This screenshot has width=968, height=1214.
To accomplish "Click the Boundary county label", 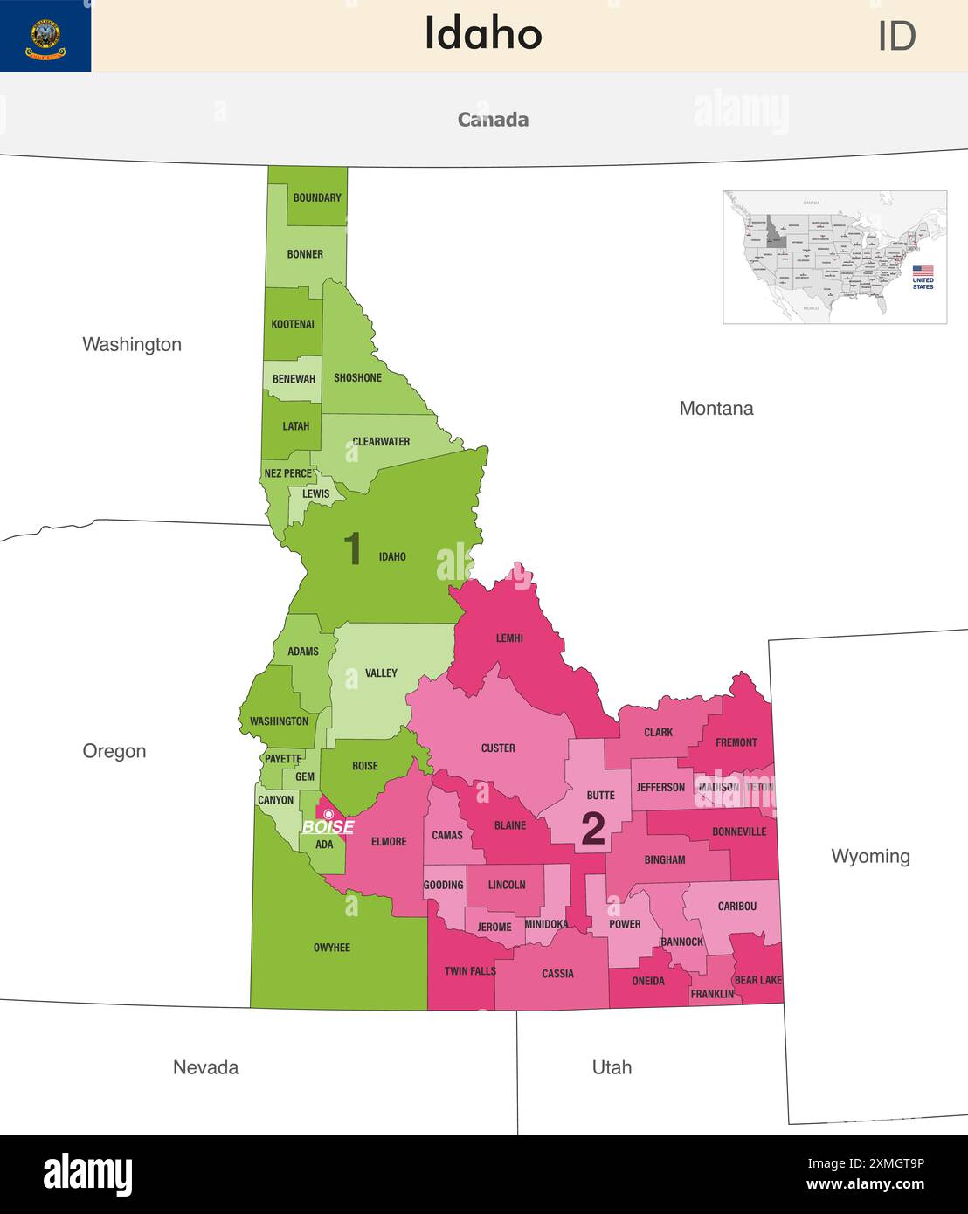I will pos(317,197).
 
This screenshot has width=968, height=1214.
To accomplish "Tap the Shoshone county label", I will pos(357,377).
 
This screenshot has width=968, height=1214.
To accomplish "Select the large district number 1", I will pos(352,549).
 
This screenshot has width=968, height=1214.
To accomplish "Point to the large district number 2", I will pos(593,829).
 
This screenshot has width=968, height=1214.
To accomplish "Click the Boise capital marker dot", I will pos(328,814).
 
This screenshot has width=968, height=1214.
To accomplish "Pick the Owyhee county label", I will pos(331,947).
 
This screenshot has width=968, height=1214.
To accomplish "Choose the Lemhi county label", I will pos(509,638).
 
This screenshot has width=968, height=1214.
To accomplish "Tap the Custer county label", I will pos(498,748).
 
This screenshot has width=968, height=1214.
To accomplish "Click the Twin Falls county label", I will pos(470,970).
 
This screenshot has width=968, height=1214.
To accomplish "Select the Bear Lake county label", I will pos(757,980).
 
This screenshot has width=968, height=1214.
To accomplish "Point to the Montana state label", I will pos(716,408).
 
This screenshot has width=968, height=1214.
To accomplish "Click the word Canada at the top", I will pos(493,120).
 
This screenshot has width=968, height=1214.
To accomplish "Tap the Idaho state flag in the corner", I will pos(45,36).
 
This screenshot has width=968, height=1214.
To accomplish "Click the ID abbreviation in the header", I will pos(896,36).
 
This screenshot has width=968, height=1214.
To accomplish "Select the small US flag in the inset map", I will pos(923,271).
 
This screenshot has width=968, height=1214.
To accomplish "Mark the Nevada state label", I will pos(205,1066).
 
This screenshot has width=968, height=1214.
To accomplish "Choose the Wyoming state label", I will pos(870,856).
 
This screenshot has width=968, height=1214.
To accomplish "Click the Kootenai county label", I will pos(293,324).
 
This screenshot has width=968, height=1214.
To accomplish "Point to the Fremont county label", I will pos(736,742).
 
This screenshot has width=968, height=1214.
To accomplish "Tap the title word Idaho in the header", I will pos(483,34).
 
